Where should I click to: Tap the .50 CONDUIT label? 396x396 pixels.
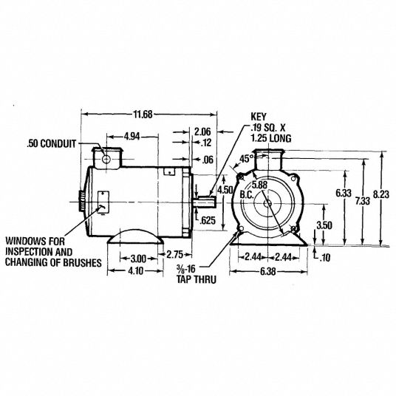tap(50, 144)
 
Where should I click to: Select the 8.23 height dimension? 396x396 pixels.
tap(381, 194)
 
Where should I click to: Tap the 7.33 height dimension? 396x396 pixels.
tap(362, 201)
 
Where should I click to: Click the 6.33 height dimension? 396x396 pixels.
tap(343, 193)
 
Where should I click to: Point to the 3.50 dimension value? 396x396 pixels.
tap(323, 225)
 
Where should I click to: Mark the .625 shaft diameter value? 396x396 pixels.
tap(209, 220)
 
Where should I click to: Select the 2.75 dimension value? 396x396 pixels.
tap(176, 253)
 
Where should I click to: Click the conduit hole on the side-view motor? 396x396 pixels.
tap(106, 159)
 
